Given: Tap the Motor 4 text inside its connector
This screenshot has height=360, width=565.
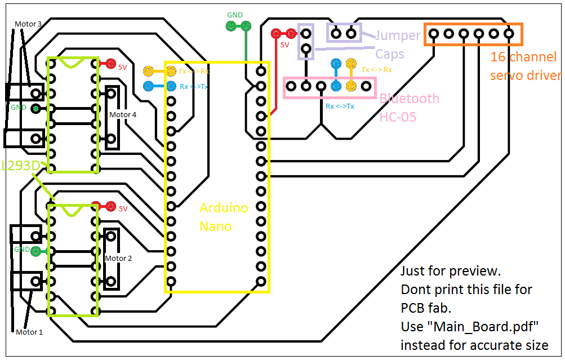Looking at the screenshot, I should (122, 115).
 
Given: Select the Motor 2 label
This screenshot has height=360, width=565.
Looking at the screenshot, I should (118, 258).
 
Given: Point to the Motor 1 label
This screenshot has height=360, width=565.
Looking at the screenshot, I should (29, 332).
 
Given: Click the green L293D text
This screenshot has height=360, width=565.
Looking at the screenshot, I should (21, 166).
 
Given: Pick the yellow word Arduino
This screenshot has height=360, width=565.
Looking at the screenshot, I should (224, 208).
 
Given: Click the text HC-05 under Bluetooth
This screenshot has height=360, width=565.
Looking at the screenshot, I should (398, 117).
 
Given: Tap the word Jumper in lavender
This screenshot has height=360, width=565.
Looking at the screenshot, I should (398, 36).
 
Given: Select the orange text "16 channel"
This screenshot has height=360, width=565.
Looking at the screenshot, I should (523, 57).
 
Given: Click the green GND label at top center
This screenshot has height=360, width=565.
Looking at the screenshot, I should (235, 15).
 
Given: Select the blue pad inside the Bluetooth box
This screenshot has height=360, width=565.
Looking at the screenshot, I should (336, 86).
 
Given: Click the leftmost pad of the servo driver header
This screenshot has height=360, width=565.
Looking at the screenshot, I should (434, 34).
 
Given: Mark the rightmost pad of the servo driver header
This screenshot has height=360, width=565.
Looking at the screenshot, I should (509, 34).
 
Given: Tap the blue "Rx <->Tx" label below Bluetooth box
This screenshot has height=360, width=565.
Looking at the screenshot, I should (340, 106).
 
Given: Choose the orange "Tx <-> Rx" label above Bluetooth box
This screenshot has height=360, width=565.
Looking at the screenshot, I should (376, 70).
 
